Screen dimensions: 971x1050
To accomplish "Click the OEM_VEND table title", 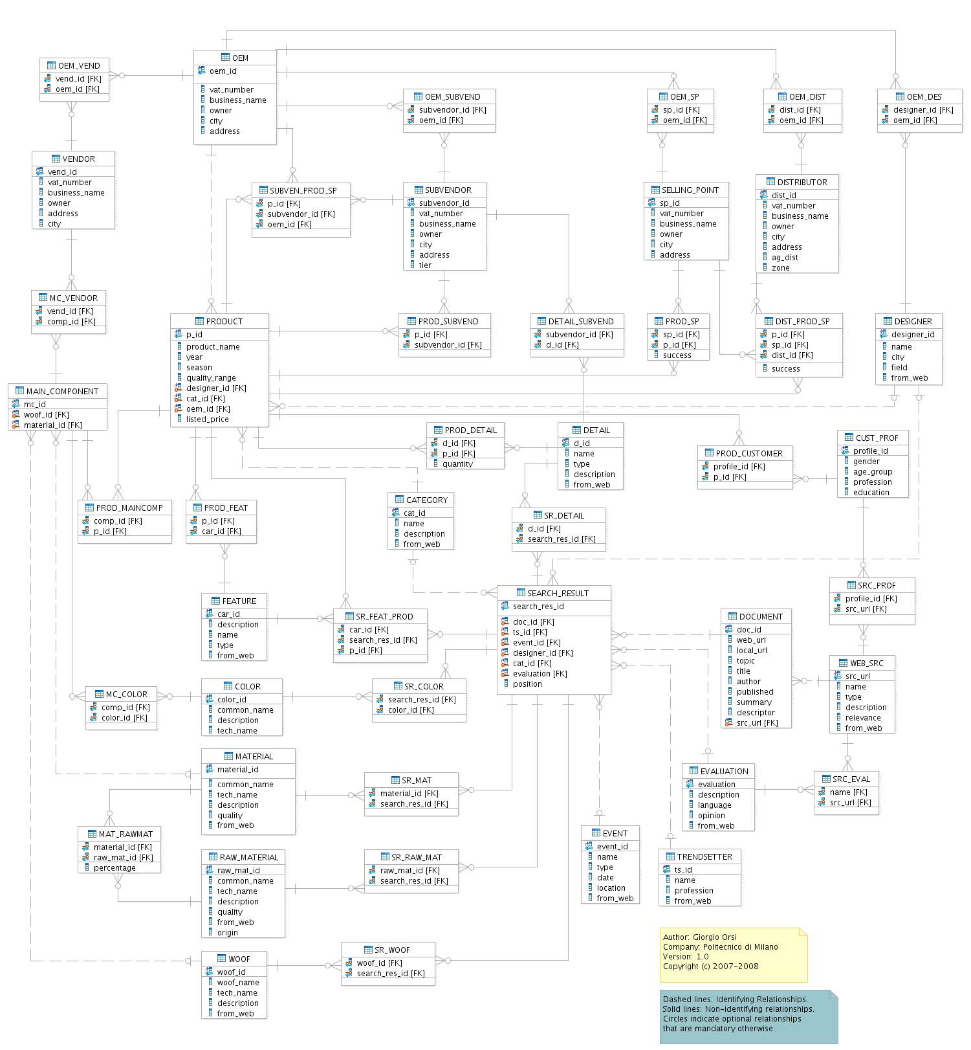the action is tap(79, 65).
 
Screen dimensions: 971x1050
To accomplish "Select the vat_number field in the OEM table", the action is tap(231, 90).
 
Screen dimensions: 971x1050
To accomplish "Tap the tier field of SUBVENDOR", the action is tap(425, 265).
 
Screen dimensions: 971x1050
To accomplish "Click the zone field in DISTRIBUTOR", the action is tap(780, 268).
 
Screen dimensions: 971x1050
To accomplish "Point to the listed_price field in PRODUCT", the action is tap(207, 419).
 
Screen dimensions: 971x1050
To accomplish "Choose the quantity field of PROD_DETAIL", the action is tap(457, 464).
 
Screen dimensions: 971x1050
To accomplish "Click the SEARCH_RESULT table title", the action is tap(558, 593).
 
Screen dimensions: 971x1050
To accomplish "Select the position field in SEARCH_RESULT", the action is tap(527, 684).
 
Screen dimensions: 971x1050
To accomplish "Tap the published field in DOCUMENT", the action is tap(755, 692).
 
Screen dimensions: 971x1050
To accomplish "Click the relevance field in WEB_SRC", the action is tap(863, 718).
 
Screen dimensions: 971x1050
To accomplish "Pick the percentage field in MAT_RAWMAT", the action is tap(115, 868).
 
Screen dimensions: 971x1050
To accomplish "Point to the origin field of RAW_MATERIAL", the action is tap(228, 933).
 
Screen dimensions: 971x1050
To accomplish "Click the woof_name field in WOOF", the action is tap(238, 983).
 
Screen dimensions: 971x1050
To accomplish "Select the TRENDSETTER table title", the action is tap(704, 856).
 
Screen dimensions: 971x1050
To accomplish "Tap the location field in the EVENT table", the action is tap(611, 888).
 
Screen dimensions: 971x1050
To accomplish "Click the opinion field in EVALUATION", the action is tap(711, 816).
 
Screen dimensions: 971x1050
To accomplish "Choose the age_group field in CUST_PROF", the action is tap(872, 472).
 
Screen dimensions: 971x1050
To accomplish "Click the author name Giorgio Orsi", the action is tap(715, 937).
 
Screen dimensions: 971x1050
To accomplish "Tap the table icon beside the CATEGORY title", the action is tap(399, 500).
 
